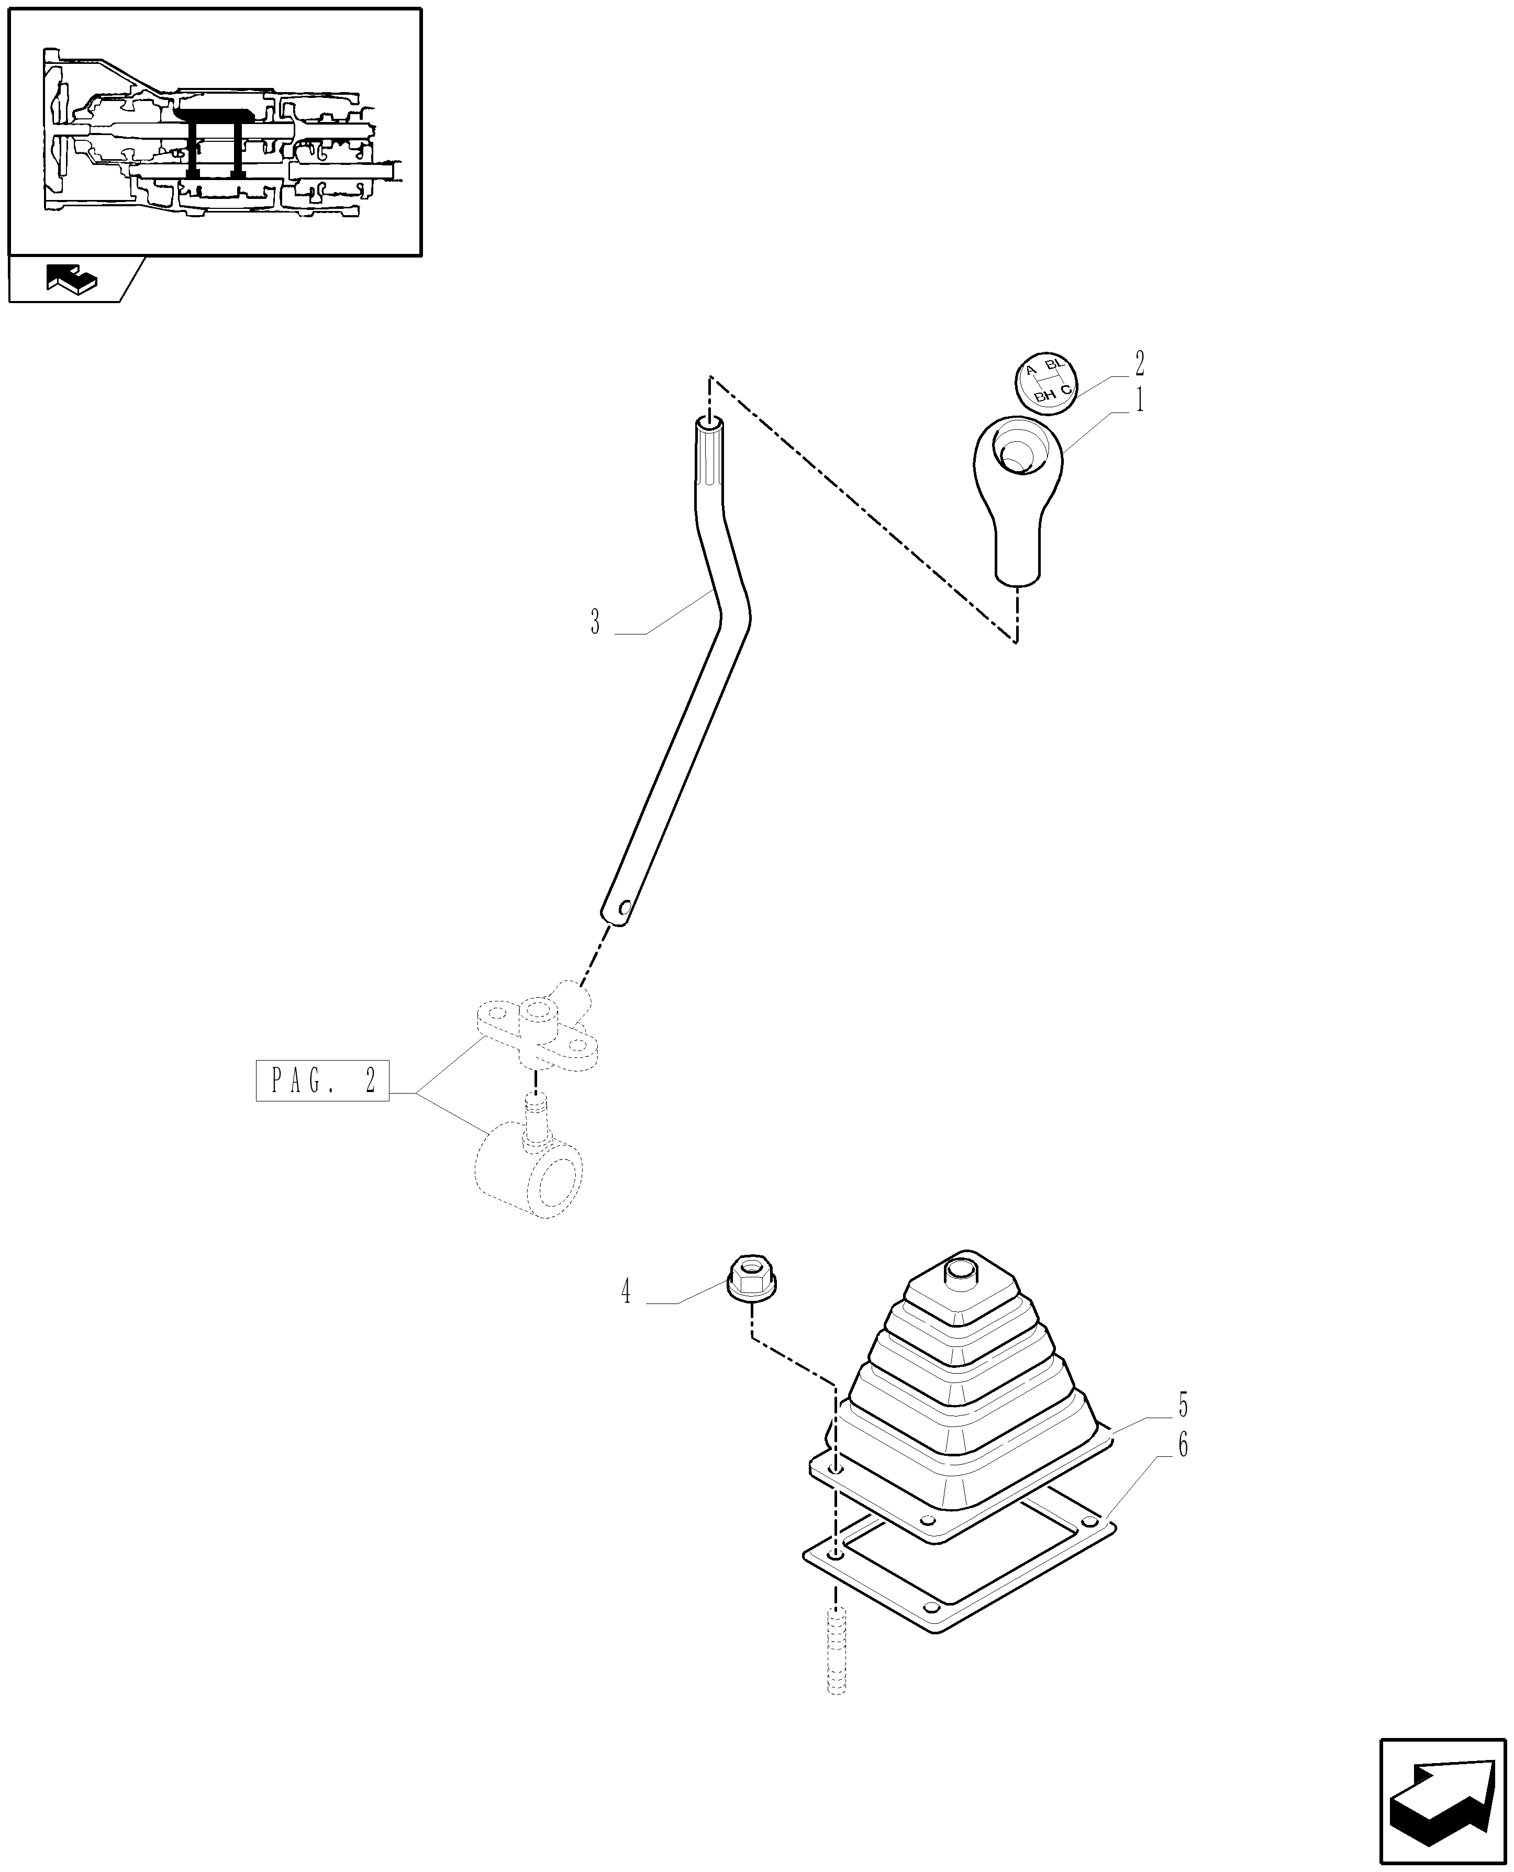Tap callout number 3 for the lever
595,622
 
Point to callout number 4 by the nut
625,1316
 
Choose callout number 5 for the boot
1183,1406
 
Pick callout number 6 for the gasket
1183,1446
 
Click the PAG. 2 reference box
322,1081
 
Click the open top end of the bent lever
708,426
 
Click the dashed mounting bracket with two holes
537,1034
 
